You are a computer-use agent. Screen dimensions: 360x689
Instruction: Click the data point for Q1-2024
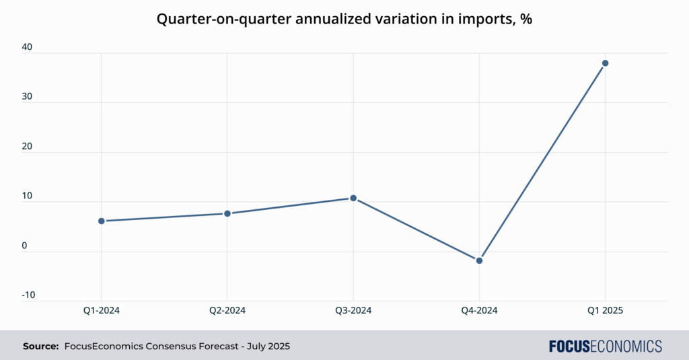[x=102, y=221]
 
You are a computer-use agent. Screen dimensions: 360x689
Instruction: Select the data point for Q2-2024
[x=227, y=213]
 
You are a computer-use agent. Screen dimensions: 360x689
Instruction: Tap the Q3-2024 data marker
[x=353, y=198]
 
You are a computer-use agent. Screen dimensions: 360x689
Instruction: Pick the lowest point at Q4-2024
[x=479, y=260]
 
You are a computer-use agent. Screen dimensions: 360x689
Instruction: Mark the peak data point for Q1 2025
[x=605, y=63]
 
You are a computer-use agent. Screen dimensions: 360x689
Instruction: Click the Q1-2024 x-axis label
[x=102, y=310]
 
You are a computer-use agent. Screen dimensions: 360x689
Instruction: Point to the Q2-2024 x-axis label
[x=227, y=310]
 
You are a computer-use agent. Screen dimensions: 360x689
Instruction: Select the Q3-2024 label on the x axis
[x=353, y=310]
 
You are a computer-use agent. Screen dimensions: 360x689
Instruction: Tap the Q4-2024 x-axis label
[x=479, y=310]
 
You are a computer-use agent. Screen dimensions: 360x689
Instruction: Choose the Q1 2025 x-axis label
[x=605, y=310]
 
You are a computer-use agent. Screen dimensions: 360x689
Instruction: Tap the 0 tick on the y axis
[x=25, y=246]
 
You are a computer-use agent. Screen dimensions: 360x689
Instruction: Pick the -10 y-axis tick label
[x=28, y=295]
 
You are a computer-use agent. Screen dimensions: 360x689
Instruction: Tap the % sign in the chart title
[x=527, y=20]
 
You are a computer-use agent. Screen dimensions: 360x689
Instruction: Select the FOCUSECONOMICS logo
[x=605, y=347]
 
